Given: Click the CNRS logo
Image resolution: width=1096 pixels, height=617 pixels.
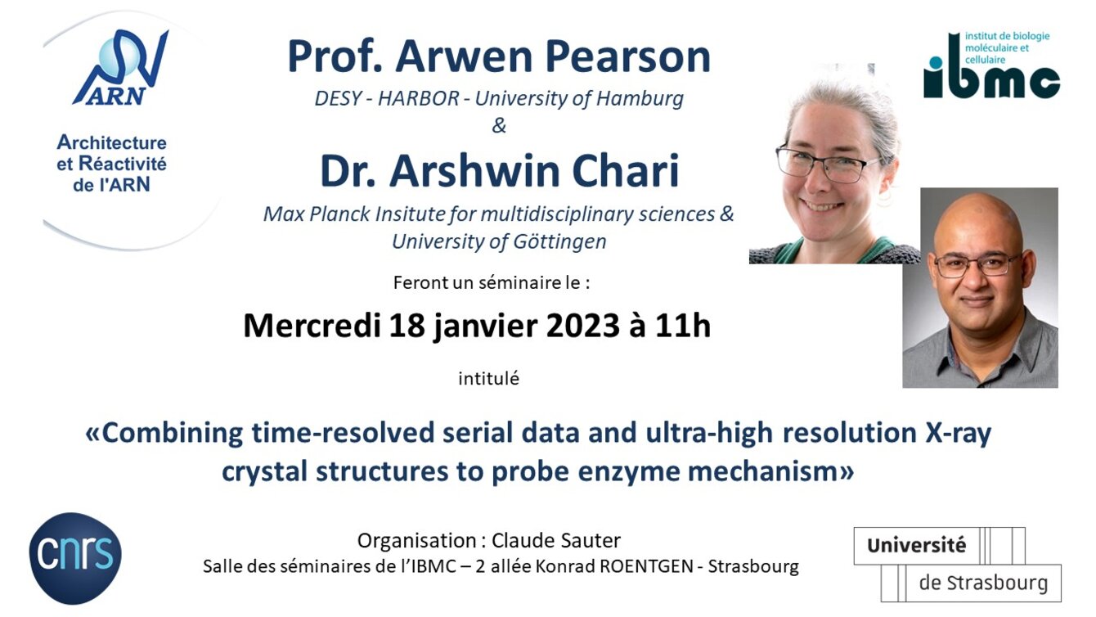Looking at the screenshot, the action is click(75, 558).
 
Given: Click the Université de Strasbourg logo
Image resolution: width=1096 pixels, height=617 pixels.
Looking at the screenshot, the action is click(958, 564).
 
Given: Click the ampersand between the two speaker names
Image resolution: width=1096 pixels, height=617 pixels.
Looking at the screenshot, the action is click(499, 126).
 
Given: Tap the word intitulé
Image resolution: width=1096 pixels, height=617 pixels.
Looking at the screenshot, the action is click(488, 379).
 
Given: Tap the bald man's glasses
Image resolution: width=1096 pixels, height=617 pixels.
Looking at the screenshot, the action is click(977, 265).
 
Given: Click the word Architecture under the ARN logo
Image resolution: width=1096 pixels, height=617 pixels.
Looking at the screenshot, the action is click(111, 142).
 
